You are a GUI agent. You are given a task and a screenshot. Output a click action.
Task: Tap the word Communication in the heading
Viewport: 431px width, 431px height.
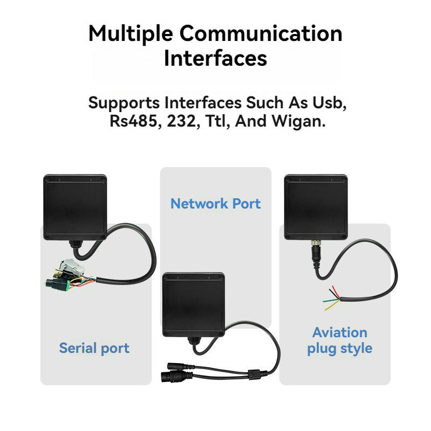pos(261,33)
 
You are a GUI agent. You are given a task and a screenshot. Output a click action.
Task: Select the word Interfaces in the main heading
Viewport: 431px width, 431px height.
pos(215,58)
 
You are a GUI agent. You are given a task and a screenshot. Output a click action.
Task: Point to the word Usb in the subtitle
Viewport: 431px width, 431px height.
pos(329,103)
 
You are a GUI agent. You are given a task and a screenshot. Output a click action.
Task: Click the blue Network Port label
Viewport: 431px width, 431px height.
pos(215,204)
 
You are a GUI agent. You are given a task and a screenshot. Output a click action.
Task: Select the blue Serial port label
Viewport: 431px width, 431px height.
pos(94,348)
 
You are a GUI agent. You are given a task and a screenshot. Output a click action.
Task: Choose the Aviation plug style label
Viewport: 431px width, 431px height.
pos(340,340)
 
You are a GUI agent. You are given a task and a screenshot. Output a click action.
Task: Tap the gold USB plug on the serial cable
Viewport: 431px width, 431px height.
pos(58,274)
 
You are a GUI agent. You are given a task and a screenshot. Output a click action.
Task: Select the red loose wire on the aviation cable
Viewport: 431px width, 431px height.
pos(336,292)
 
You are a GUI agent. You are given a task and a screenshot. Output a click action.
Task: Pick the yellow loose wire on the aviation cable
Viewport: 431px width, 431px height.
pos(332,306)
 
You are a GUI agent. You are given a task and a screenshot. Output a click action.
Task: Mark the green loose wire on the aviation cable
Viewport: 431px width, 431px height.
pos(331,301)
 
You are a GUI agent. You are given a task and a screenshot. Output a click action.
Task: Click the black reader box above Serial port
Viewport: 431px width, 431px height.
pos(75,207)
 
